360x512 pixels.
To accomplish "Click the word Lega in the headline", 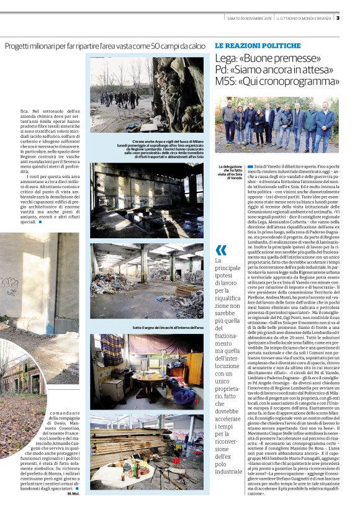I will point(228,58).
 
